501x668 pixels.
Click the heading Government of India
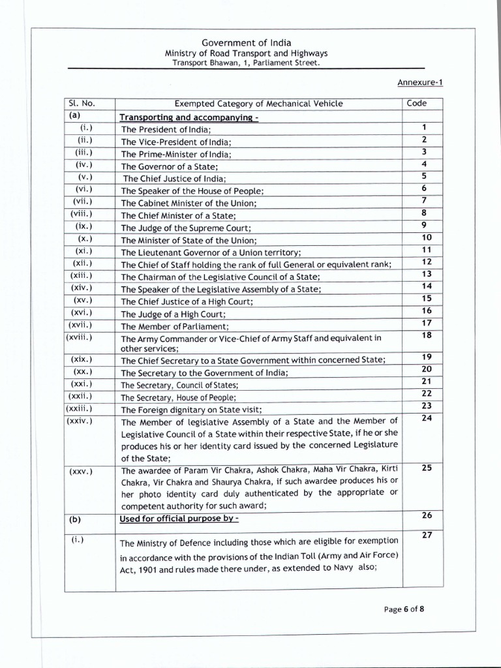(246, 42)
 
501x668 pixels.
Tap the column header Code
(417, 103)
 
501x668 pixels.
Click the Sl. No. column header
(82, 103)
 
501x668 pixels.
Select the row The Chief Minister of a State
(178, 215)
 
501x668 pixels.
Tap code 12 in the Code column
(427, 262)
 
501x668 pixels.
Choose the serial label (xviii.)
(79, 337)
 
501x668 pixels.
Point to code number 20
(427, 369)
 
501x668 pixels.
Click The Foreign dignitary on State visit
(191, 410)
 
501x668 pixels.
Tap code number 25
(427, 468)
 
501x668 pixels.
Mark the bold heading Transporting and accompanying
(185, 117)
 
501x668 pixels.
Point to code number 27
(427, 535)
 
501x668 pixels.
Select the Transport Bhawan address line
(246, 63)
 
